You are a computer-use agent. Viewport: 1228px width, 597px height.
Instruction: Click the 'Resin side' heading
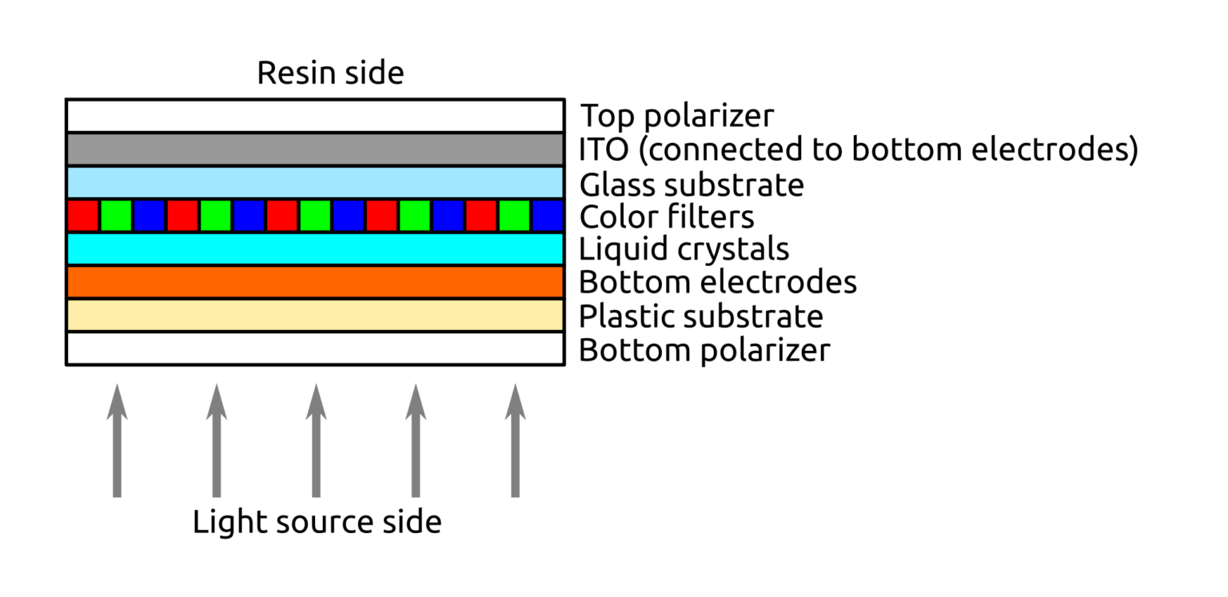[330, 74]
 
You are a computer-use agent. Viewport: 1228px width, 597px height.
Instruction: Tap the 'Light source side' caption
[317, 523]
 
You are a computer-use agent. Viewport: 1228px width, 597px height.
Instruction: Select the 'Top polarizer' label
[677, 117]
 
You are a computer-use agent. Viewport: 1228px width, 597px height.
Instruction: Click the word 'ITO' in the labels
[602, 150]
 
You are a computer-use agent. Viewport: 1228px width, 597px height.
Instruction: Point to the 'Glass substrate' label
[692, 185]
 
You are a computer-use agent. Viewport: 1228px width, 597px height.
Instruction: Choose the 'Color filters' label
[667, 217]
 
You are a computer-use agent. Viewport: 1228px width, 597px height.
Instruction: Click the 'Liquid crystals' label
[684, 249]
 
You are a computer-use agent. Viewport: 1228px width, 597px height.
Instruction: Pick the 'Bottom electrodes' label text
[718, 282]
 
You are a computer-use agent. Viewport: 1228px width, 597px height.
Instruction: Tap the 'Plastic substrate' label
[701, 316]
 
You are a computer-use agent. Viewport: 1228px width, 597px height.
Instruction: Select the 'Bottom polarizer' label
[704, 350]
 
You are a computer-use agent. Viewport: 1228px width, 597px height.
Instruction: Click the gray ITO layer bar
[315, 149]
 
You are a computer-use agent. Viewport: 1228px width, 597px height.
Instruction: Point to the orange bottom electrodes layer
[315, 282]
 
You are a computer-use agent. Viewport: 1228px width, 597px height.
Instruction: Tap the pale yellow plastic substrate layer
[315, 316]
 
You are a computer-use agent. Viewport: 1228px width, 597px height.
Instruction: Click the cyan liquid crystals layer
[315, 249]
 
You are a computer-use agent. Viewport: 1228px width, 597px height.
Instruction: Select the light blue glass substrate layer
[315, 183]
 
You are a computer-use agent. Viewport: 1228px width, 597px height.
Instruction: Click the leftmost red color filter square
[83, 216]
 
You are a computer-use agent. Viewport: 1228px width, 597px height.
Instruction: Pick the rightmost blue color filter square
[548, 216]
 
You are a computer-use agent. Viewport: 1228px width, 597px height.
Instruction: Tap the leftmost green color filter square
[116, 216]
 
